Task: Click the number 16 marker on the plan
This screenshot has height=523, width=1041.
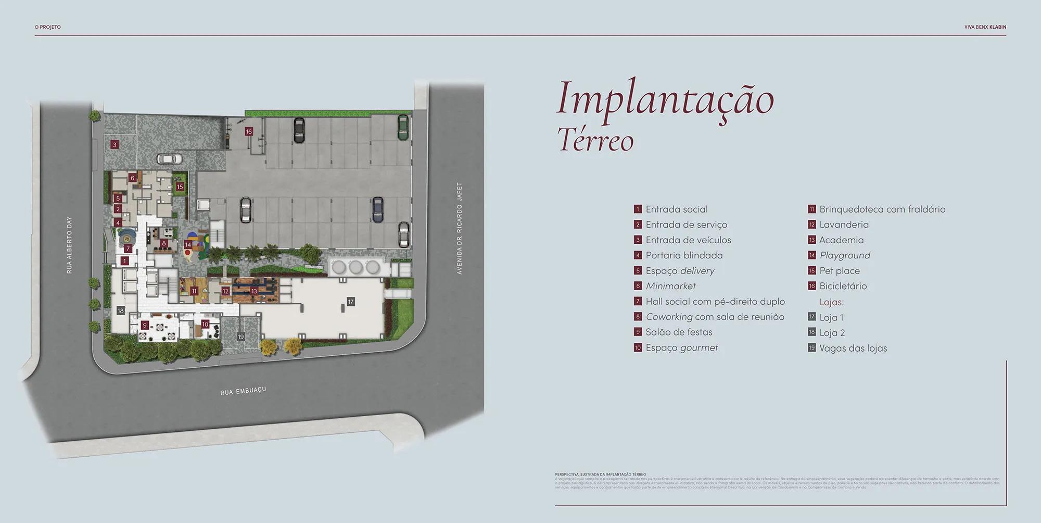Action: [249, 132]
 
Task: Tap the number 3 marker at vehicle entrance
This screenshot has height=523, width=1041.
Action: [115, 144]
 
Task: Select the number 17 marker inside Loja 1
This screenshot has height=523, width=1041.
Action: [351, 302]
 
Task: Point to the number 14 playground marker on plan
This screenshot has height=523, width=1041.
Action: [188, 244]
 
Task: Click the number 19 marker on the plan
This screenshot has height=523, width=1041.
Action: [240, 337]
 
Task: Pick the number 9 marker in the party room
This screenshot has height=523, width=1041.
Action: [145, 326]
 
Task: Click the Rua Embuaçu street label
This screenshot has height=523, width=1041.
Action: [243, 391]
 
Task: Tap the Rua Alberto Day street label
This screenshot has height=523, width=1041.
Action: [70, 245]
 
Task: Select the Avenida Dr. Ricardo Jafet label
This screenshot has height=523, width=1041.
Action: [459, 228]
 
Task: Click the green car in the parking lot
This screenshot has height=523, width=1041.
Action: [402, 127]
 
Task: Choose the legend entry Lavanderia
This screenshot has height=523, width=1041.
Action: [844, 225]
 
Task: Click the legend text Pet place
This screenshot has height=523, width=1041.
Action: [840, 271]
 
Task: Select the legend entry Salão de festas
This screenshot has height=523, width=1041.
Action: [679, 332]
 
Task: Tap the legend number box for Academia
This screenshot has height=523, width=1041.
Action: [811, 240]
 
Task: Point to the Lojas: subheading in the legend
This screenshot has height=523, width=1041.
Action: [831, 302]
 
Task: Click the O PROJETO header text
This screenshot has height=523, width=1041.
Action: [48, 27]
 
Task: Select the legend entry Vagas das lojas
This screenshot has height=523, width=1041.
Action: [853, 348]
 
